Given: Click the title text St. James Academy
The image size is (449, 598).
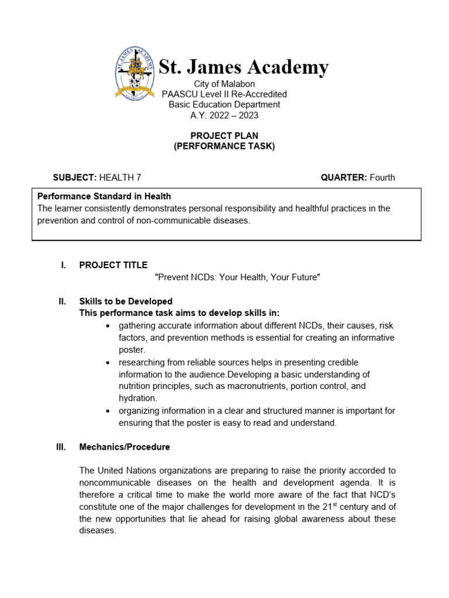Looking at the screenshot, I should tap(244, 67).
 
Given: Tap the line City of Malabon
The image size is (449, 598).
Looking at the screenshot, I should tap(224, 84).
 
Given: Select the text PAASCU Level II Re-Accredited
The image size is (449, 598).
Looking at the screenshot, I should tap(224, 94).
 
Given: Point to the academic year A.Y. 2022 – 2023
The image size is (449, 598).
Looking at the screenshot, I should tap(224, 115).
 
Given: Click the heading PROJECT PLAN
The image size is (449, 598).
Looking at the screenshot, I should tap(224, 136).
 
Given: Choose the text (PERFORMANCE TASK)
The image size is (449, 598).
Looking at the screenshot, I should tap(224, 147).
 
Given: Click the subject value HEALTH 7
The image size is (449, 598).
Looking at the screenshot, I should tap(120, 178).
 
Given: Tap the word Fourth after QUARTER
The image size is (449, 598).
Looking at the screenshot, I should tap(382, 178).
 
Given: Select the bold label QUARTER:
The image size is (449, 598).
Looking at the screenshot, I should tap(344, 178).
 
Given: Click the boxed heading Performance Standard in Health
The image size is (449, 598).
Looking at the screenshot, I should tap(104, 196).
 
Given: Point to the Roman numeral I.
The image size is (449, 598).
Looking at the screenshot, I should tap(63, 265).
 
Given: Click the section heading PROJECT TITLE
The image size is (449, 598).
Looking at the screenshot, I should tap(113, 265).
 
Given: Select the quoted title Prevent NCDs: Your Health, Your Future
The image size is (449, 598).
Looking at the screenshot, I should tap(237, 277).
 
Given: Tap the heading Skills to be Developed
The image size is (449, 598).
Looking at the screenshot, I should tap(126, 301).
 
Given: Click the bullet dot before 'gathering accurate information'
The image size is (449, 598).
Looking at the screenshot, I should tap(108, 326).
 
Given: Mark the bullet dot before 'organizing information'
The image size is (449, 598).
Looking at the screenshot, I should tap(108, 411).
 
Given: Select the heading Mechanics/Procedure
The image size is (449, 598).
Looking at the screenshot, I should tap(125, 447).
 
